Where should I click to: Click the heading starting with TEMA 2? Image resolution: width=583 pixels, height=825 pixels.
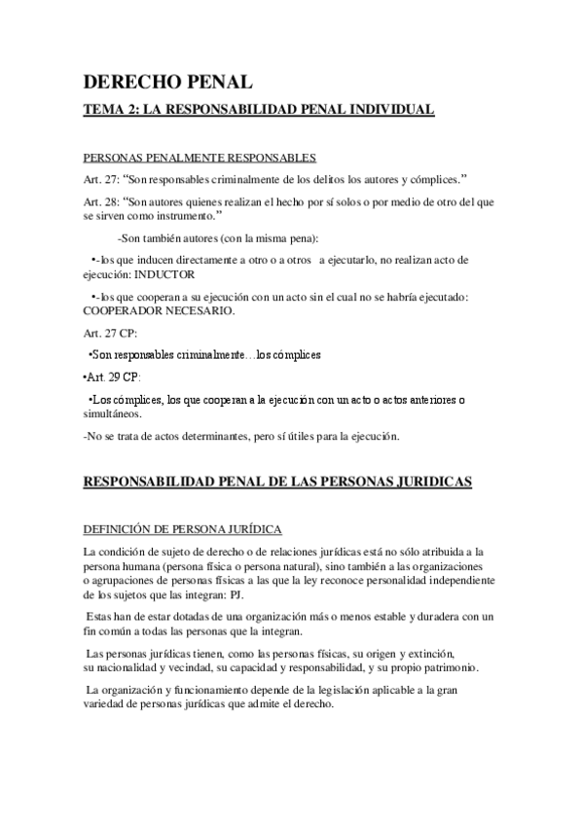point(258,112)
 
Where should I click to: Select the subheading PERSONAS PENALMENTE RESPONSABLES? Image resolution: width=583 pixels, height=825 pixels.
point(200,159)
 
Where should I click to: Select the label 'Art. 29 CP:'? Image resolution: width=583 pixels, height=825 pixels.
point(113,377)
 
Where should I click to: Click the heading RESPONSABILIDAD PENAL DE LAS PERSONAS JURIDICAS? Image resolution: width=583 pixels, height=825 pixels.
point(277,482)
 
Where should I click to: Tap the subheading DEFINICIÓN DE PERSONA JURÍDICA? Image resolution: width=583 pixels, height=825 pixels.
point(183,528)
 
